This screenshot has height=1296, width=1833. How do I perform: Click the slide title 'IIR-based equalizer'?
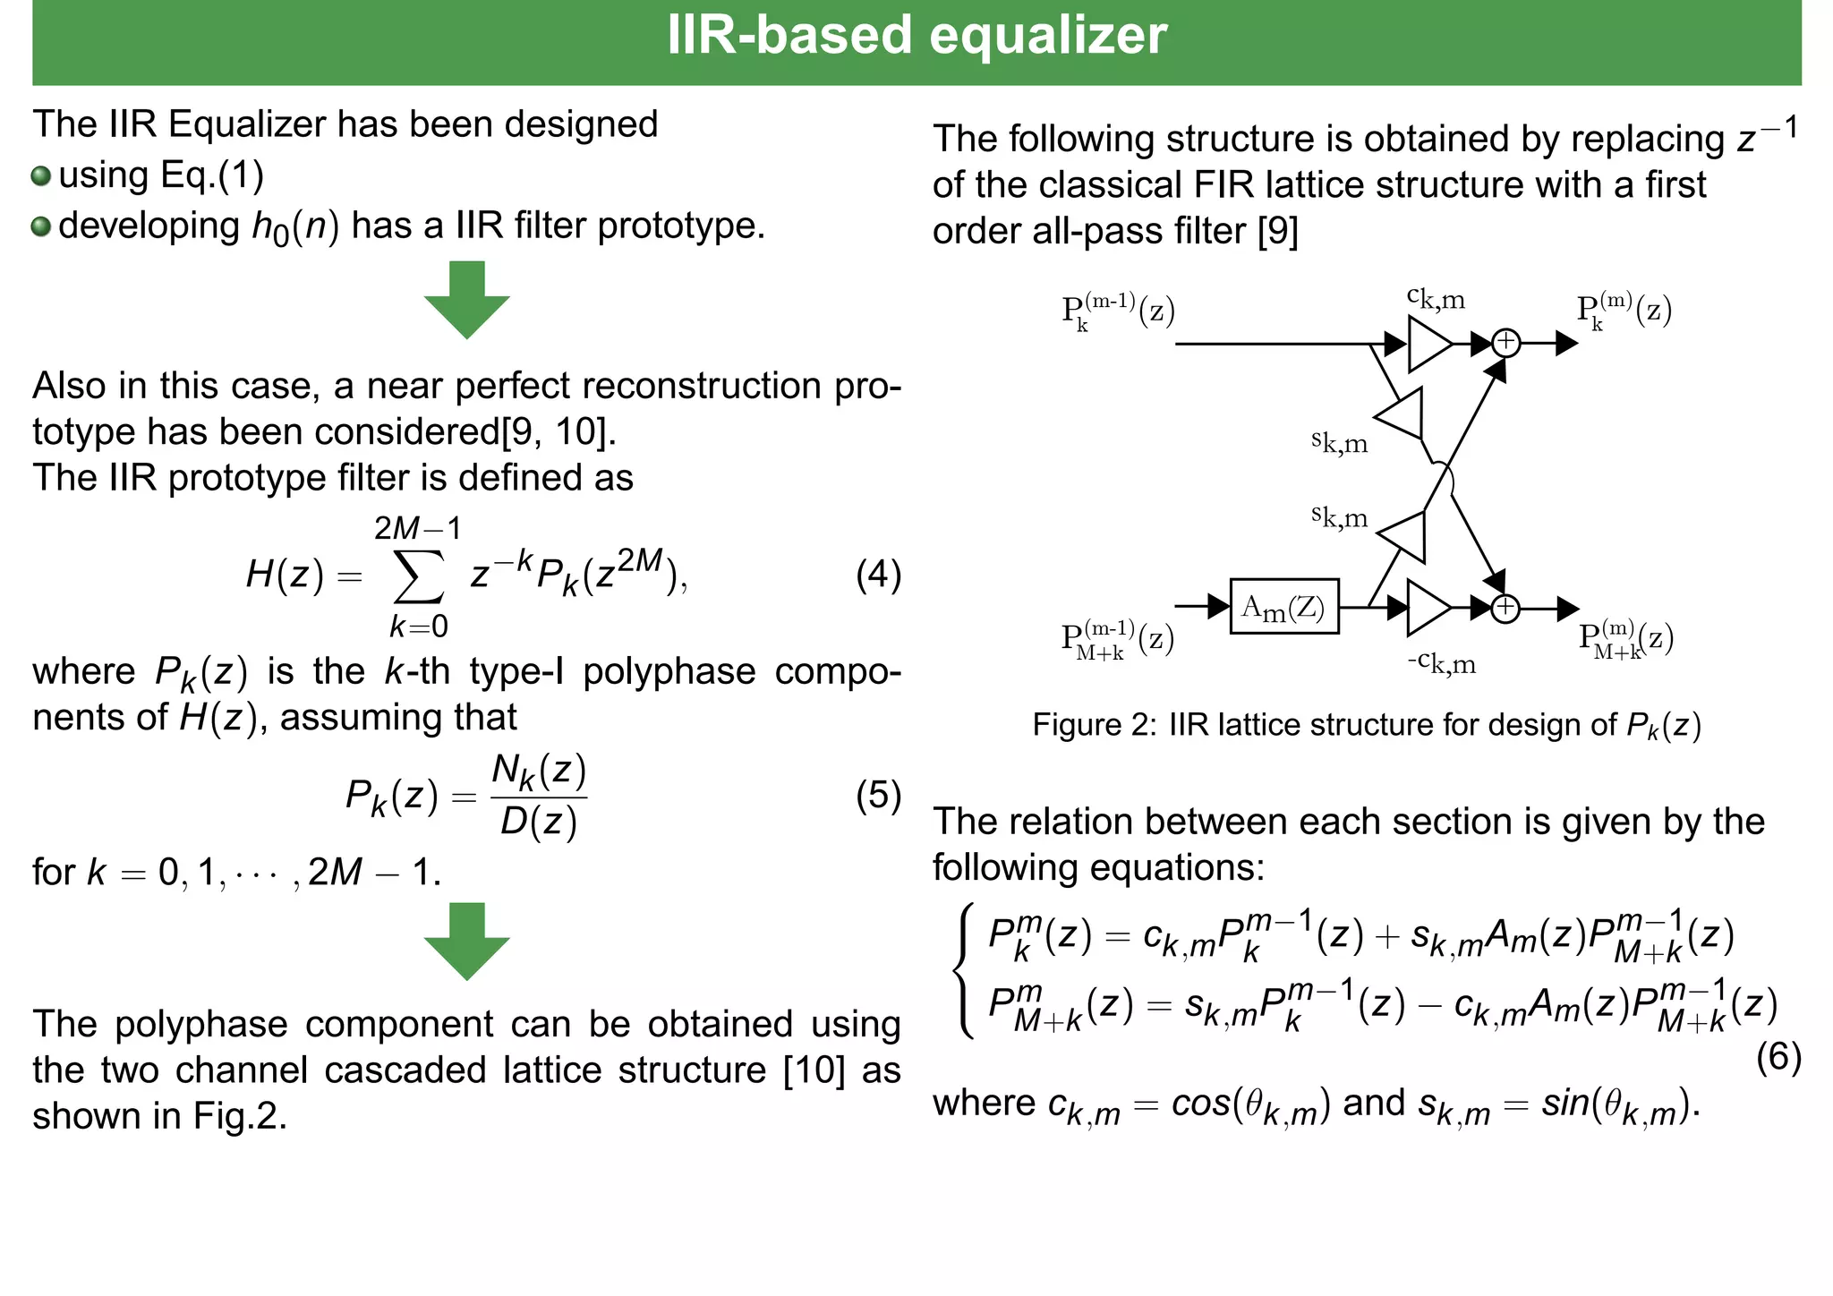916,36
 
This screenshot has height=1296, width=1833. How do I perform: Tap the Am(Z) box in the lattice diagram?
1283,607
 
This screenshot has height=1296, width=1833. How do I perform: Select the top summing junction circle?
1505,342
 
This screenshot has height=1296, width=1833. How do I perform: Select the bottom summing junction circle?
1505,608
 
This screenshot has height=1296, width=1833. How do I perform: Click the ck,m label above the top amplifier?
1436,297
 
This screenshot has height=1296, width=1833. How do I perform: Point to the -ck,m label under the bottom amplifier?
1441,663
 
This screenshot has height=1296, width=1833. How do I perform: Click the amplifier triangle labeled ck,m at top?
1427,344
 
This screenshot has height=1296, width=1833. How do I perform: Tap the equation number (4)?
878,575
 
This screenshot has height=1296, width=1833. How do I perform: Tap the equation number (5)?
878,795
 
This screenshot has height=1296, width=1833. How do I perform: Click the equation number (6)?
1778,1057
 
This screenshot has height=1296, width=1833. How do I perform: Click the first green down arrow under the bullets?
466,300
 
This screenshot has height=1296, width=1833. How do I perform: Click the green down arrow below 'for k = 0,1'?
466,941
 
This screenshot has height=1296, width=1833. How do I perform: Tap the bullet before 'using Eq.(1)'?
41,175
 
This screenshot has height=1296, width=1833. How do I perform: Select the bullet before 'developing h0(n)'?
41,226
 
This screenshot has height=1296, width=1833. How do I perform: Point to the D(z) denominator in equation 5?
538,822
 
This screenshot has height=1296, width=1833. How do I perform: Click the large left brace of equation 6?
963,970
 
